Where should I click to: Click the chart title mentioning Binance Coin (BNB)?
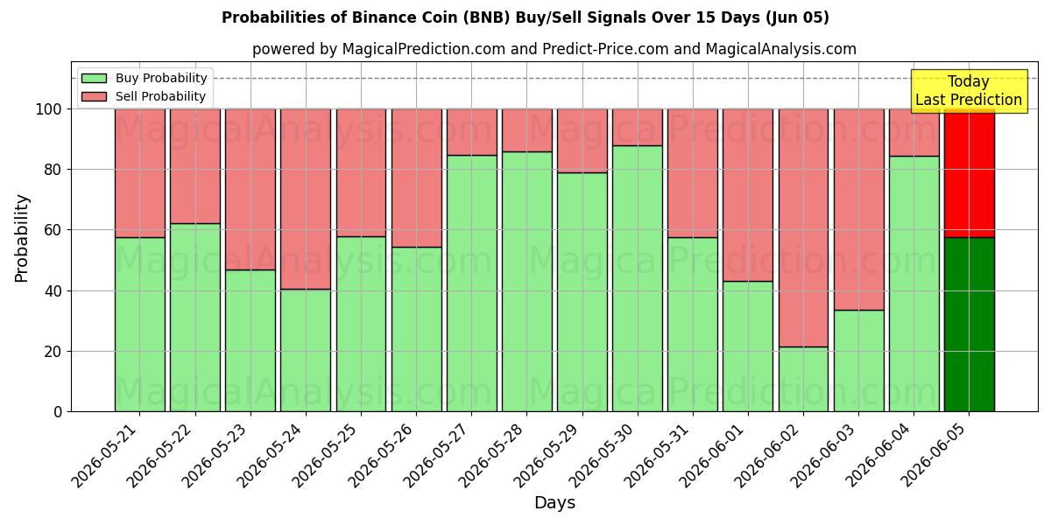pyautogui.click(x=525, y=17)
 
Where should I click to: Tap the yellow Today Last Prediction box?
pyautogui.click(x=969, y=91)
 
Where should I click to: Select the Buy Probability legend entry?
pyautogui.click(x=144, y=78)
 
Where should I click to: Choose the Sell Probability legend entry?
pyautogui.click(x=144, y=96)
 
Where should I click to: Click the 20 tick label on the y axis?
pyautogui.click(x=53, y=352)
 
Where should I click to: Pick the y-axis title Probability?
pyautogui.click(x=21, y=238)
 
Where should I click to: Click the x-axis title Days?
pyautogui.click(x=554, y=502)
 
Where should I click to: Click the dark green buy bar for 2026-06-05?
pyautogui.click(x=970, y=325)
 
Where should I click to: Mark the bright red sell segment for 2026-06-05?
pyautogui.click(x=970, y=173)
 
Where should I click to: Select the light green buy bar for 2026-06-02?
pyautogui.click(x=803, y=379)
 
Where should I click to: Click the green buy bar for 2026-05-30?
pyautogui.click(x=638, y=278)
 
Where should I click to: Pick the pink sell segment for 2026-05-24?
pyautogui.click(x=306, y=199)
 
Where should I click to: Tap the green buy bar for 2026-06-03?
pyautogui.click(x=858, y=360)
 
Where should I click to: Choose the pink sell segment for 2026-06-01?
pyautogui.click(x=748, y=195)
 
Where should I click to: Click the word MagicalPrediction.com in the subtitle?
pyautogui.click(x=423, y=49)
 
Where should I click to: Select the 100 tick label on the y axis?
pyautogui.click(x=49, y=109)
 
